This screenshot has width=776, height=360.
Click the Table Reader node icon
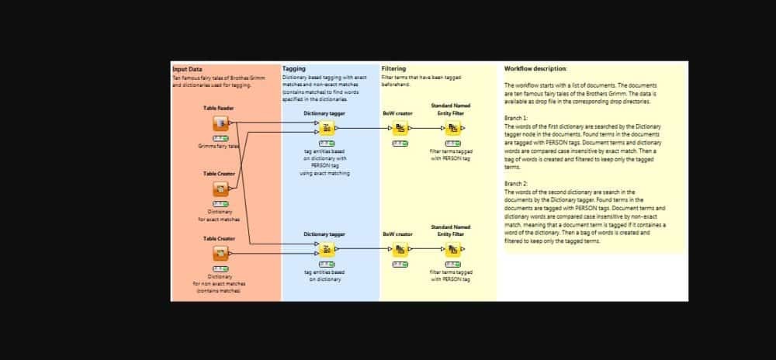pos(220,123)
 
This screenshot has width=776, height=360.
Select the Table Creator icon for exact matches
pos(220,189)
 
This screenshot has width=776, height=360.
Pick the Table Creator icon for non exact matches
pos(220,253)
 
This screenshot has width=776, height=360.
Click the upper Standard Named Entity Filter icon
pos(452,128)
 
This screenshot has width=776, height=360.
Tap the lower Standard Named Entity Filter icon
pos(452,249)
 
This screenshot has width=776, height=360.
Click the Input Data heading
pos(187,69)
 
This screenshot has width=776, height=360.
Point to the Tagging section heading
pos(294,69)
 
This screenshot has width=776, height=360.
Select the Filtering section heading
pos(393,69)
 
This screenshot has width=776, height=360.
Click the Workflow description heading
pos(535,69)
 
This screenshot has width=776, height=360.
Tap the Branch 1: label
pos(516,118)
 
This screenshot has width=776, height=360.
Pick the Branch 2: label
pos(516,184)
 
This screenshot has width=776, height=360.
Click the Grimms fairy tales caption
pos(220,146)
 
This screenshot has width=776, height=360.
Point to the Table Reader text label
pos(219,108)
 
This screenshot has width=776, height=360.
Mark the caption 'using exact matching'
pos(324,173)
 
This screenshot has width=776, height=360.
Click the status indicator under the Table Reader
pos(220,138)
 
